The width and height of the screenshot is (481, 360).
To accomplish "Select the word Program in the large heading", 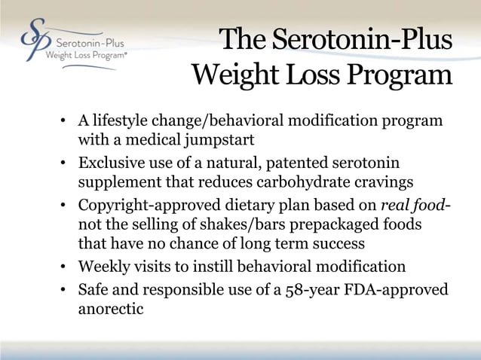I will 397,75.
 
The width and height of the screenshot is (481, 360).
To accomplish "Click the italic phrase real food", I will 408,205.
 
